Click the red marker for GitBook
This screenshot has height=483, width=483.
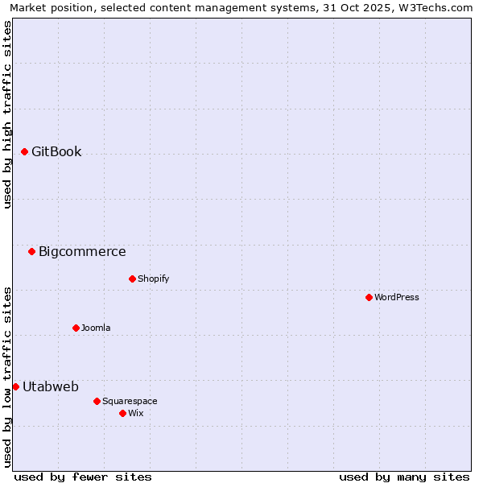[x=24, y=151]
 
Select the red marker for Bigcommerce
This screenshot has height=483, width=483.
[x=31, y=251]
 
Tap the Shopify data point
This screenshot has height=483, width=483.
[x=132, y=279]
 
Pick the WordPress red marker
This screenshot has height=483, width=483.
[x=369, y=297]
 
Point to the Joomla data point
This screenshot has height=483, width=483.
[x=76, y=328]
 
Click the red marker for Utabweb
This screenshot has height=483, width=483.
[x=15, y=386]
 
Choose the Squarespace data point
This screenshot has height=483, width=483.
[x=97, y=401]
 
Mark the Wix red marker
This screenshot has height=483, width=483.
[x=122, y=413]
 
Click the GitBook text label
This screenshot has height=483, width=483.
[x=56, y=151]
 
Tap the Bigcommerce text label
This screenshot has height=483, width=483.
[x=82, y=251]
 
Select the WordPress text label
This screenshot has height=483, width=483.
[x=397, y=297]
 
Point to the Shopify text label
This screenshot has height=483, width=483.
[x=154, y=279]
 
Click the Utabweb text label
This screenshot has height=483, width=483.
[x=51, y=386]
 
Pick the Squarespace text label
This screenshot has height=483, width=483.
[x=130, y=401]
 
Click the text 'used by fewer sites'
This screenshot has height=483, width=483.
[x=83, y=477]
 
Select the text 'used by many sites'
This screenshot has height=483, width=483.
[x=404, y=477]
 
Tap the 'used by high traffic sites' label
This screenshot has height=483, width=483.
[x=7, y=114]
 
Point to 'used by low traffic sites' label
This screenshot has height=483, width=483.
[x=7, y=376]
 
